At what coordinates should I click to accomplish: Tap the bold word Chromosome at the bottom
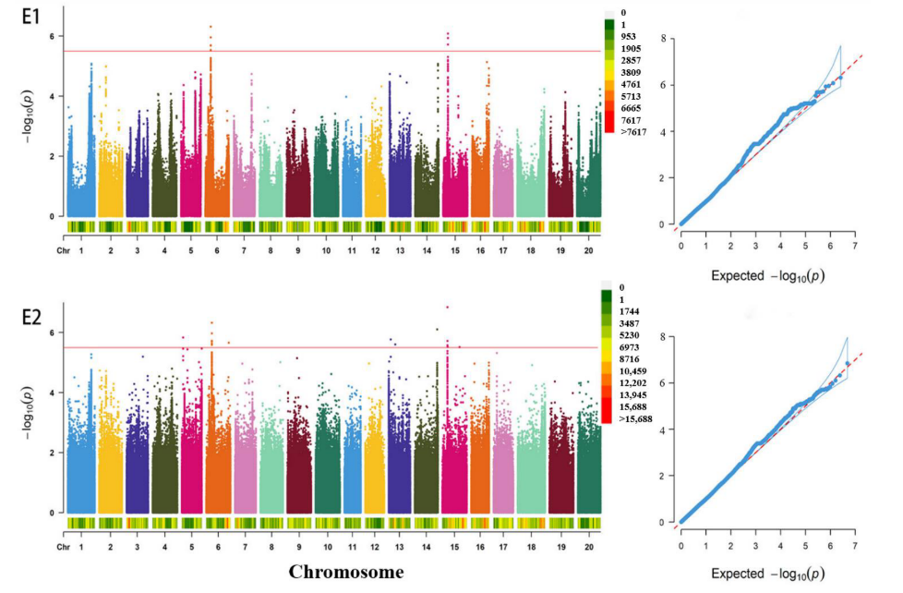pyautogui.click(x=346, y=573)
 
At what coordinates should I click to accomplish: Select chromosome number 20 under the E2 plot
pyautogui.click(x=587, y=547)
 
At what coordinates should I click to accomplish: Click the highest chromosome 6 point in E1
pyautogui.click(x=211, y=27)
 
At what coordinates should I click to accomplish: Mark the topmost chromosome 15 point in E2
pyautogui.click(x=448, y=307)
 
